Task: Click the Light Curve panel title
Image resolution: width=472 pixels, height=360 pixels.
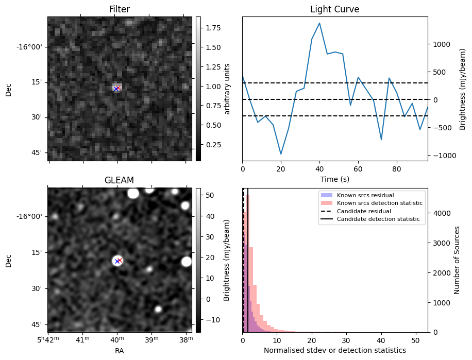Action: coord(334,9)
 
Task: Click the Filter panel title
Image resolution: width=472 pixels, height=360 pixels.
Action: coord(120,9)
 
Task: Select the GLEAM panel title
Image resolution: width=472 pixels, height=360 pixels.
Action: coord(119,180)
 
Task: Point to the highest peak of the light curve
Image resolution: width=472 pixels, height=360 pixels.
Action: coord(319,23)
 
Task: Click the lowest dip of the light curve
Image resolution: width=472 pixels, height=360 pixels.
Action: coord(281,154)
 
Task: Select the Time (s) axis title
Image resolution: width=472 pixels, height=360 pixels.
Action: coord(334,179)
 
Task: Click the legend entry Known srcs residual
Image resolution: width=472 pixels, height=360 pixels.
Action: coord(365,196)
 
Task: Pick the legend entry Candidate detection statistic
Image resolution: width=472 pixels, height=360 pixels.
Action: coord(378,219)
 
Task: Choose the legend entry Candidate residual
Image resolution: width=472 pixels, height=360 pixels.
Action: coord(364,212)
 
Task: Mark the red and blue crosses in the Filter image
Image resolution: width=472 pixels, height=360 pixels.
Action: coord(117,88)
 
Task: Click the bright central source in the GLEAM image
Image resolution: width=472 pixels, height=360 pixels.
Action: coord(117,261)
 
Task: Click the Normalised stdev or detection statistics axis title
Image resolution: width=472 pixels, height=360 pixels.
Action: coord(334,350)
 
